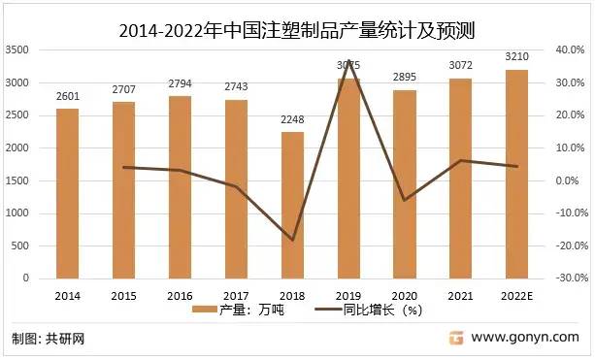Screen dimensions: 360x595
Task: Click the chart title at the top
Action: click(297, 28)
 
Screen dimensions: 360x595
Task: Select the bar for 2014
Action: click(68, 194)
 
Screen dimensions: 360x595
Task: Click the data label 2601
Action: click(68, 95)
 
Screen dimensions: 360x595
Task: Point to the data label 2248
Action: click(292, 119)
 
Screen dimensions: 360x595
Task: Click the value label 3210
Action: click(517, 56)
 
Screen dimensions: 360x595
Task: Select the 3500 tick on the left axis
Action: click(17, 49)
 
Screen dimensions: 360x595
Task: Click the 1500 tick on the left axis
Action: click(17, 180)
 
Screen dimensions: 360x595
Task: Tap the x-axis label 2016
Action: click(181, 295)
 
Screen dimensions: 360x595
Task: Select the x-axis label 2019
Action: click(348, 295)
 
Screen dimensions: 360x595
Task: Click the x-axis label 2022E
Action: click(517, 295)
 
